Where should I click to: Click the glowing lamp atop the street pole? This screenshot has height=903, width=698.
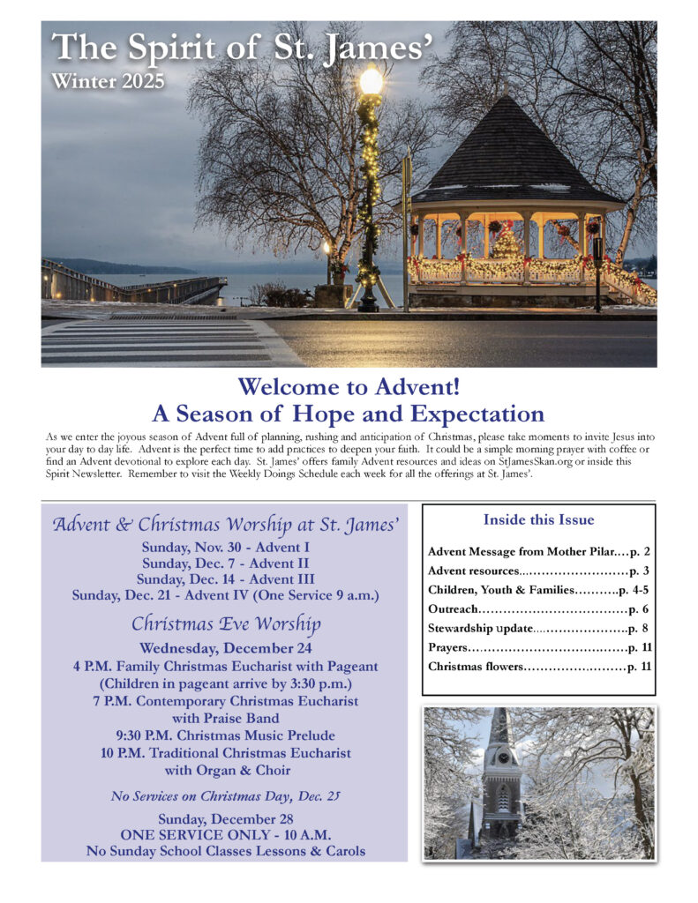coord(372,82)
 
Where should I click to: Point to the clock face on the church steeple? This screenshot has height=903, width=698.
coord(502,756)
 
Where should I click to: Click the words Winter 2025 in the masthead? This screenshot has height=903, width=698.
coord(108,81)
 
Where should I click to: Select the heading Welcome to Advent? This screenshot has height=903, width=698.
coord(348,386)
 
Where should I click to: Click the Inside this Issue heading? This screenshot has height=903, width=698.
coord(538,519)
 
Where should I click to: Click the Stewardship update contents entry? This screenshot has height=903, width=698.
coord(481,628)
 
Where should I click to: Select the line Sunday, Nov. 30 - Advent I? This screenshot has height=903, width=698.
coord(225,547)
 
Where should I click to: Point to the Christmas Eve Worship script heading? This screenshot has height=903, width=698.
coord(225,623)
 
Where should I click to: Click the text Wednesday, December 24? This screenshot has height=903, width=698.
coord(225,649)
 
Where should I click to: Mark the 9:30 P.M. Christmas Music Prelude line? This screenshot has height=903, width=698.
coord(225,735)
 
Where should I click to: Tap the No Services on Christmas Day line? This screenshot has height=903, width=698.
coord(225,796)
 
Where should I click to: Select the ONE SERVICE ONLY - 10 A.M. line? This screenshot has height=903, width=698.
coord(225,834)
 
